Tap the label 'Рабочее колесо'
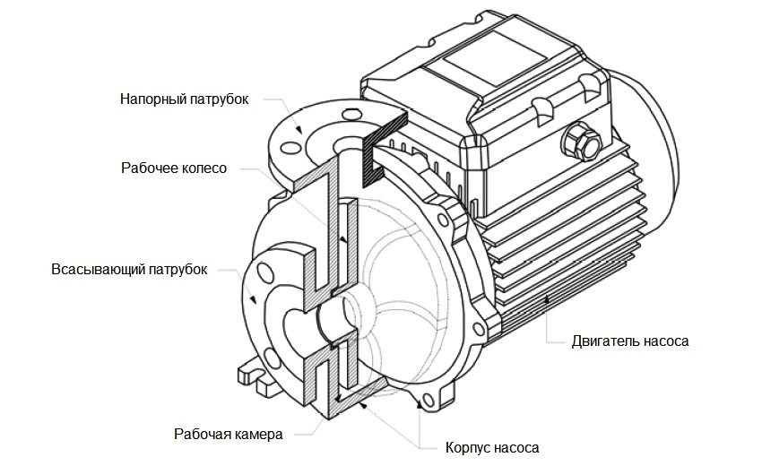coord(174,168)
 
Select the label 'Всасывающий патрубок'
coord(129,269)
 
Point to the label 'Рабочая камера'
coord(229,434)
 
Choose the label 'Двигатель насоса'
coord(630,341)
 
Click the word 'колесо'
coord(204,168)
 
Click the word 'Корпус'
coord(470,445)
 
